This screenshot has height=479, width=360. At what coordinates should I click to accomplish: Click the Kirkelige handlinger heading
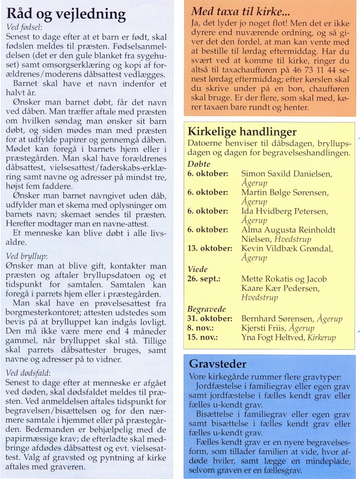242,132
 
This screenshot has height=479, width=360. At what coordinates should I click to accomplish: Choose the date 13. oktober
210,248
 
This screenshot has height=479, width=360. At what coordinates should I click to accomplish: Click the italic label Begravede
206,309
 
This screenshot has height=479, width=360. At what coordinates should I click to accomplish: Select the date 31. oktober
210,319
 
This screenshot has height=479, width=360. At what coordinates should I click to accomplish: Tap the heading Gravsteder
217,364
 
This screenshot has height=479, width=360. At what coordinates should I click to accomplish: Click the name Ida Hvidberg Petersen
284,211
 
